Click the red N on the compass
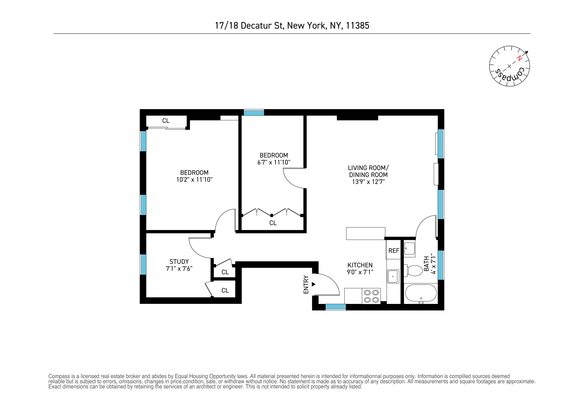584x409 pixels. point(519,58)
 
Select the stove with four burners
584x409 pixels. point(371,296)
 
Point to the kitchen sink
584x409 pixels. point(393,276)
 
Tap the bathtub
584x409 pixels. point(421,293)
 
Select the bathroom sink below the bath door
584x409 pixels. point(410,248)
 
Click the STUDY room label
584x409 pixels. point(179,261)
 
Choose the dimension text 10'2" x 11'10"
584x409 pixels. point(194,180)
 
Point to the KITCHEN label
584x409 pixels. point(360,265)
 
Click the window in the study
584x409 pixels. point(143,264)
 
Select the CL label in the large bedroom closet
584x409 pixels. point(166,121)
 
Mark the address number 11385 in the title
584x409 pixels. point(357,26)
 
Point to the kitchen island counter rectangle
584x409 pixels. point(366,233)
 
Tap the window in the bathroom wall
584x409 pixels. point(441,265)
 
